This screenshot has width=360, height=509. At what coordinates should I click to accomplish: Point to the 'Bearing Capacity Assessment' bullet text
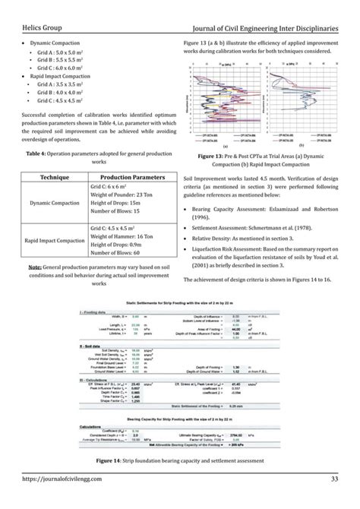(230, 209)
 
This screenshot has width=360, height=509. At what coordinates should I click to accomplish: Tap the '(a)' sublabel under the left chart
(226, 144)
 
